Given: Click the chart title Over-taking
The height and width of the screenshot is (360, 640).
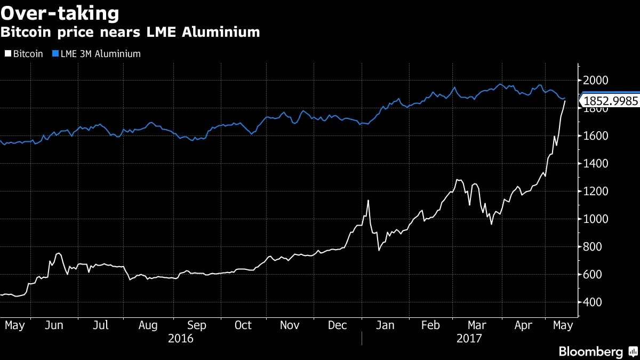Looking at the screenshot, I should click(x=60, y=13).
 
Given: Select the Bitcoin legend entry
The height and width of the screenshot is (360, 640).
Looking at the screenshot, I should click(x=25, y=54).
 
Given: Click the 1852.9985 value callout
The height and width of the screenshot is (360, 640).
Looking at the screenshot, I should click(x=610, y=101).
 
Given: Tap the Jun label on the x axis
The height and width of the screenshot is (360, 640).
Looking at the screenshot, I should click(x=54, y=325).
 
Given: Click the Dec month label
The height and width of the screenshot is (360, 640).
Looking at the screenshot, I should click(x=338, y=325).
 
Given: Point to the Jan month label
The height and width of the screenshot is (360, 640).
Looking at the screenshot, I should click(x=385, y=325).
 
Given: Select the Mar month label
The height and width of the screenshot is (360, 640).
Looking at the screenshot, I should click(x=476, y=325).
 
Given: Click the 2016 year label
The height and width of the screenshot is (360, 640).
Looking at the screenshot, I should click(x=180, y=338).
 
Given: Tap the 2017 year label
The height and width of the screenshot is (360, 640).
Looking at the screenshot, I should click(x=469, y=338).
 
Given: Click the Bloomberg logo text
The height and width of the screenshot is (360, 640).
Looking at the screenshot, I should click(x=590, y=351).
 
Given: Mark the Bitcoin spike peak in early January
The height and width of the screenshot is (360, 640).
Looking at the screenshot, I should click(x=368, y=201).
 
